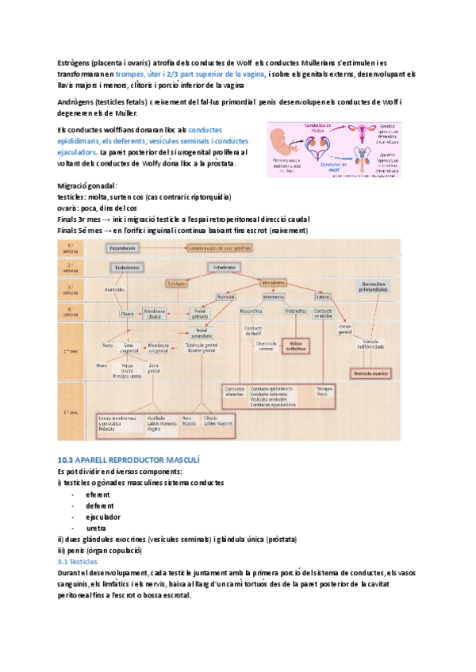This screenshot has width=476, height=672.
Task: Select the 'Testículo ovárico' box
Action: pyautogui.click(x=374, y=372)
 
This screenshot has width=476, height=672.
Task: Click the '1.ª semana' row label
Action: pyautogui.click(x=71, y=247)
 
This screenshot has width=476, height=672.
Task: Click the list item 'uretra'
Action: pyautogui.click(x=96, y=528)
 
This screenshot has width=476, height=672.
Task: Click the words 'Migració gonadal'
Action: pyautogui.click(x=87, y=185)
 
